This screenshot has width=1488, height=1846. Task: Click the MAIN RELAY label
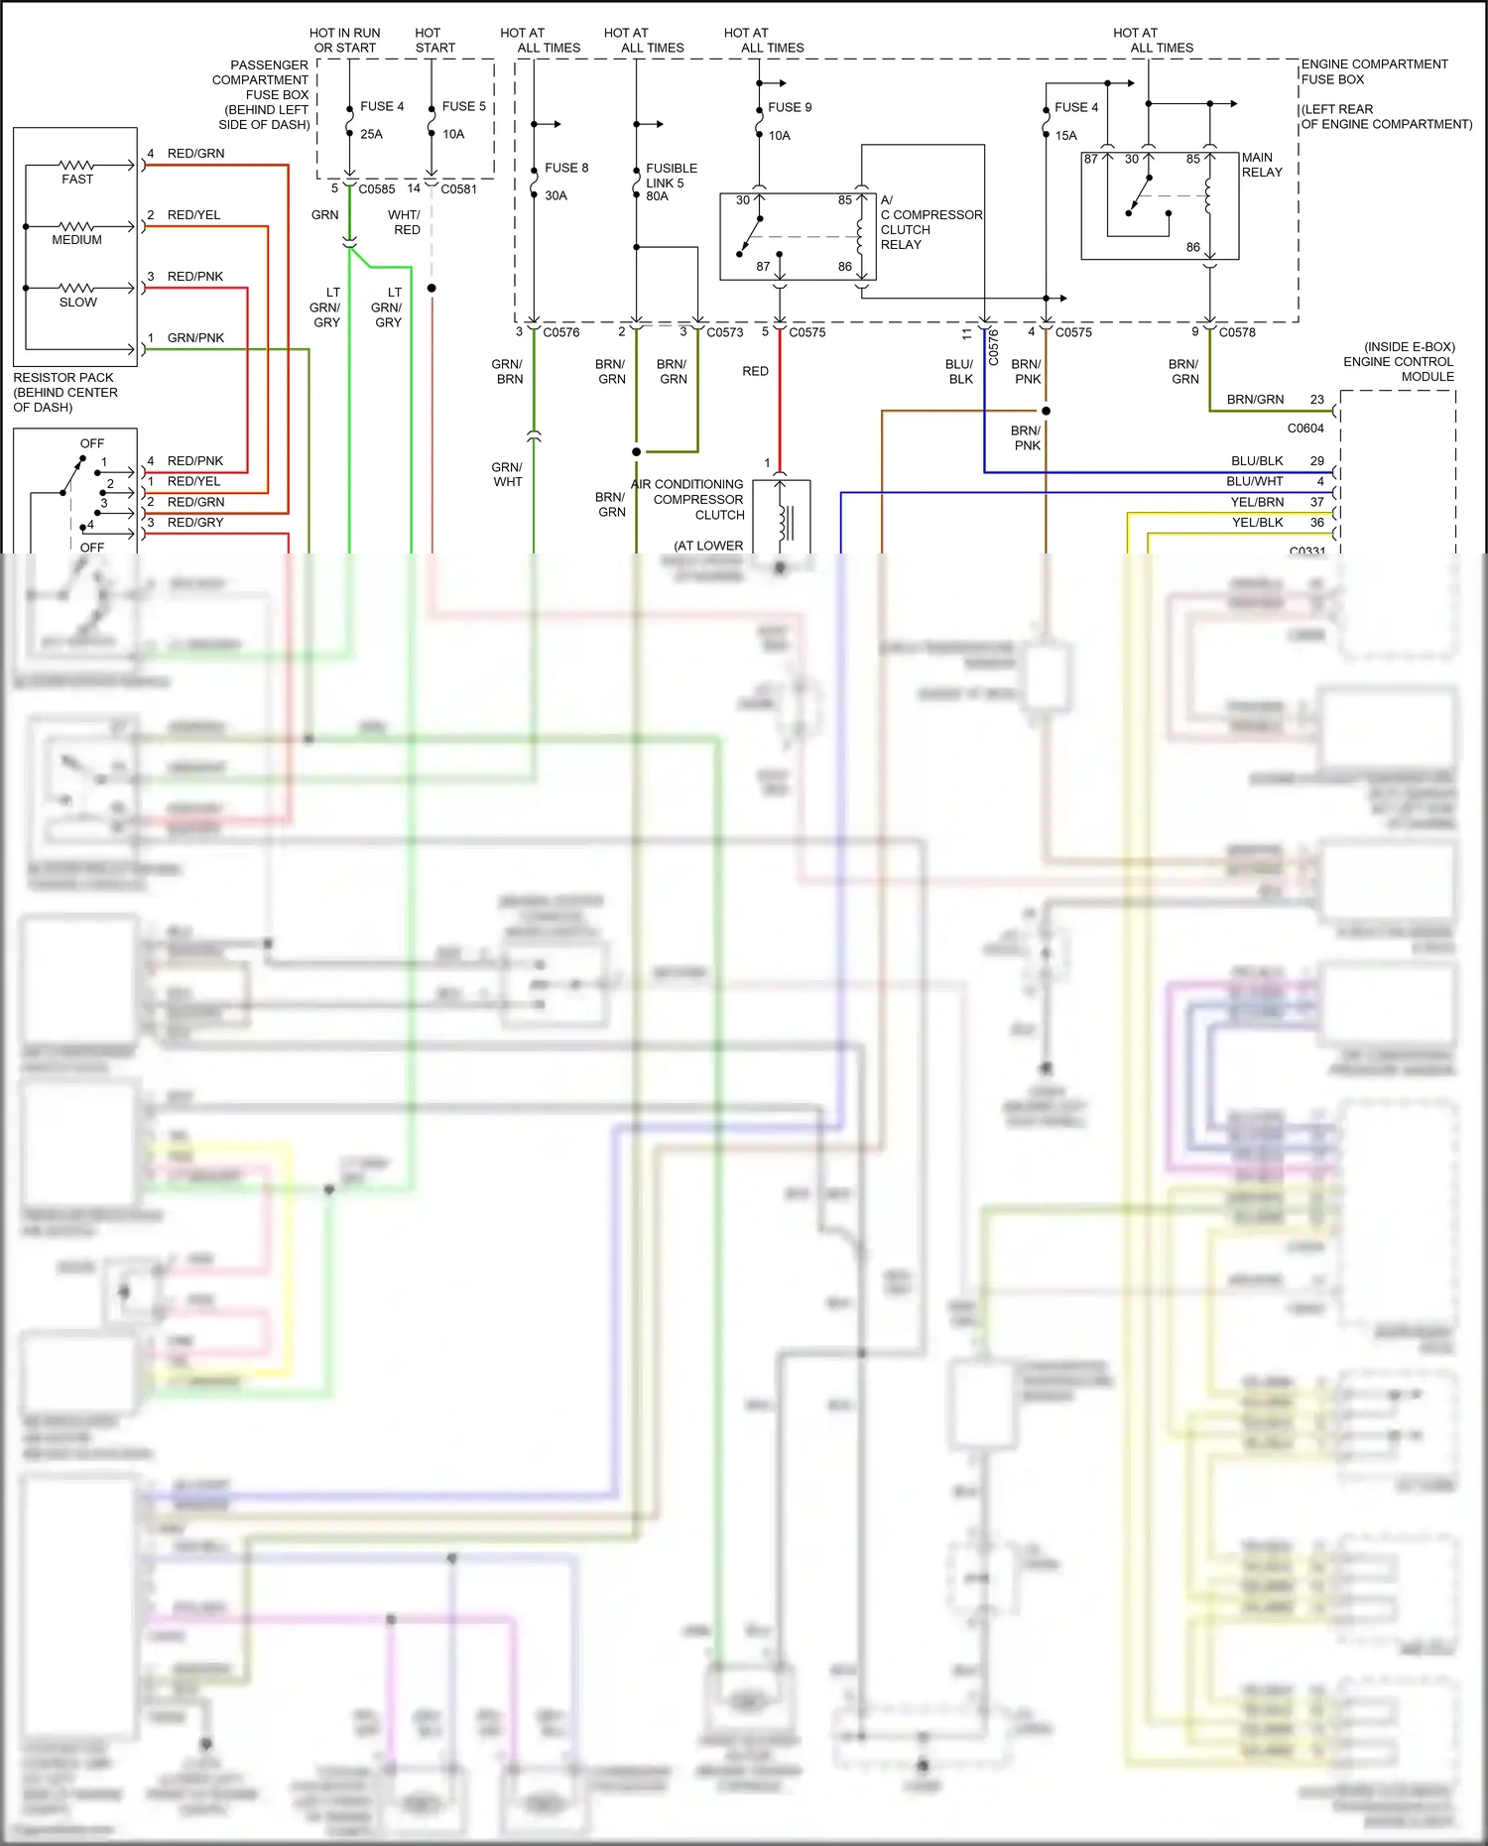coord(1261,165)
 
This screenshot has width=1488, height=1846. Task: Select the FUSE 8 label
coord(566,168)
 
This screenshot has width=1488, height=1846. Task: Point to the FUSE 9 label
coord(790,107)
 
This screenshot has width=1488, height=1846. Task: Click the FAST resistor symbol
coord(76,165)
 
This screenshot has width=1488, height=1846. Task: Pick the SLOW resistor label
coord(77,303)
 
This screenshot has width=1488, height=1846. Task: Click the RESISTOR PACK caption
coord(64,392)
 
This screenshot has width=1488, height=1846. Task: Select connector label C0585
coord(376,188)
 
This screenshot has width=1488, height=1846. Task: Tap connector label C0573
coord(724,332)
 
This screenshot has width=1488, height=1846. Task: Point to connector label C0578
coord(1237,332)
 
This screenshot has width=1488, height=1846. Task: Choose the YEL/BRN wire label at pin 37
coord(1257,502)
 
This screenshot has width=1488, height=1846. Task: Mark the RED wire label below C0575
coord(755,371)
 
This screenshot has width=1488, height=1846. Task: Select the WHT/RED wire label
coord(405,222)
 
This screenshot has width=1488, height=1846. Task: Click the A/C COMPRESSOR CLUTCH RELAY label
coord(930,222)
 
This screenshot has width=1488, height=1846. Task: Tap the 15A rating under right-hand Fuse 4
coord(1065,136)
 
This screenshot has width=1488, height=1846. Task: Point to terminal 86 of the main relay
coord(1192,247)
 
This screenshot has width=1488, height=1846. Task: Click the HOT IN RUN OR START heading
coord(344,41)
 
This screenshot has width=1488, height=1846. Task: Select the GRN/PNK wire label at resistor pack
coord(195,338)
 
